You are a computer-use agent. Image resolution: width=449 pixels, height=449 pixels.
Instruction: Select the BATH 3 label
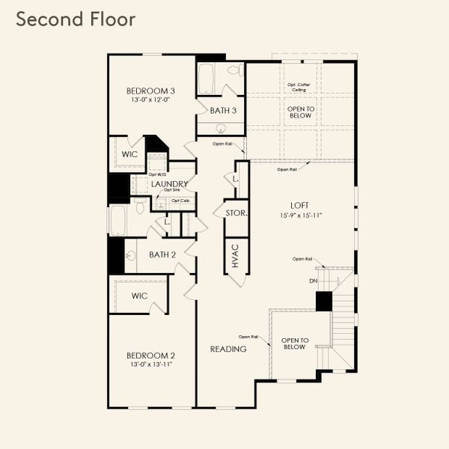point(223,111)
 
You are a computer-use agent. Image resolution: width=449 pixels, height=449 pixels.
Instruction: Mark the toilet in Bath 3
point(234,70)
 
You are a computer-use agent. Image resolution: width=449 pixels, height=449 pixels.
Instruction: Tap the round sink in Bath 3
point(210,128)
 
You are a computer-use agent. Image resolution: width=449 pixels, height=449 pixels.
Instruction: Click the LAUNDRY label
point(169,184)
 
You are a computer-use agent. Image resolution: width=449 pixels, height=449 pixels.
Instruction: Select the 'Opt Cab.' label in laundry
point(180,201)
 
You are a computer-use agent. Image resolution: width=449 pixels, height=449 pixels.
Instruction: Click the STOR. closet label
point(236,213)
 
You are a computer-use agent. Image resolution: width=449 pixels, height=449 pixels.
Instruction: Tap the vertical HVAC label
point(233,255)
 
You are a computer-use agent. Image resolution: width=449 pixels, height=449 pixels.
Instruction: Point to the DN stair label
point(313,281)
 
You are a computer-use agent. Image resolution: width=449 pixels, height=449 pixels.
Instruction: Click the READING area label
point(228,349)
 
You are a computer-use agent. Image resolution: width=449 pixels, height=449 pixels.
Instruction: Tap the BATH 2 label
point(162,254)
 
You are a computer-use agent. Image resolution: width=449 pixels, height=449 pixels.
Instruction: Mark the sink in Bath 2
point(130,255)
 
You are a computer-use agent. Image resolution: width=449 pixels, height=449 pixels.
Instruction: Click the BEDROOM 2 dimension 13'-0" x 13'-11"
point(150,364)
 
